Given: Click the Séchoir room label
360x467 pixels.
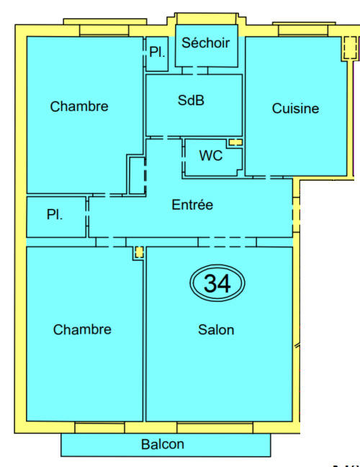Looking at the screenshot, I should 205,43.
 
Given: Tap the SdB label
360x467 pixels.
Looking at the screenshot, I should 191,101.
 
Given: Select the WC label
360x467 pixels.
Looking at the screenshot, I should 210,156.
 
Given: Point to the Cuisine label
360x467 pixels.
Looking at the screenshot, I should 295,109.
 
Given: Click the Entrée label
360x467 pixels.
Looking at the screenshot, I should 192,205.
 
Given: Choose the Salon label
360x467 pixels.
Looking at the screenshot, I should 216,330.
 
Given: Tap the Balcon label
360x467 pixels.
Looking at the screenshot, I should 162,445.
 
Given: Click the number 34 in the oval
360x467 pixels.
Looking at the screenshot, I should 217,283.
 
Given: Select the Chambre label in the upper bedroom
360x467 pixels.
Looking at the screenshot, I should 79,107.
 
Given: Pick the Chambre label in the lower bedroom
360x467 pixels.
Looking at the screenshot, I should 82,330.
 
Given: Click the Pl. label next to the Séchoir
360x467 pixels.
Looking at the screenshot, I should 157,52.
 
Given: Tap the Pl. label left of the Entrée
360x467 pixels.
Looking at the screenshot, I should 54,215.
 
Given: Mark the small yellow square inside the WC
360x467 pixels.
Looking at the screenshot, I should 235,143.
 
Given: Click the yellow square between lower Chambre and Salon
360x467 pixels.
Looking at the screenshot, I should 138,252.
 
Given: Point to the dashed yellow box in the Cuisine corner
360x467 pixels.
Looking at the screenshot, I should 349,48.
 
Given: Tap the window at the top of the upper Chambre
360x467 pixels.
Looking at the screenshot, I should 104,30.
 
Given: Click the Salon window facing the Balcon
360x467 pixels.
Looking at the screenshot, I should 215,429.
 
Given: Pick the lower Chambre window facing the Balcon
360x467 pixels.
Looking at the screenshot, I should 99,429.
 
